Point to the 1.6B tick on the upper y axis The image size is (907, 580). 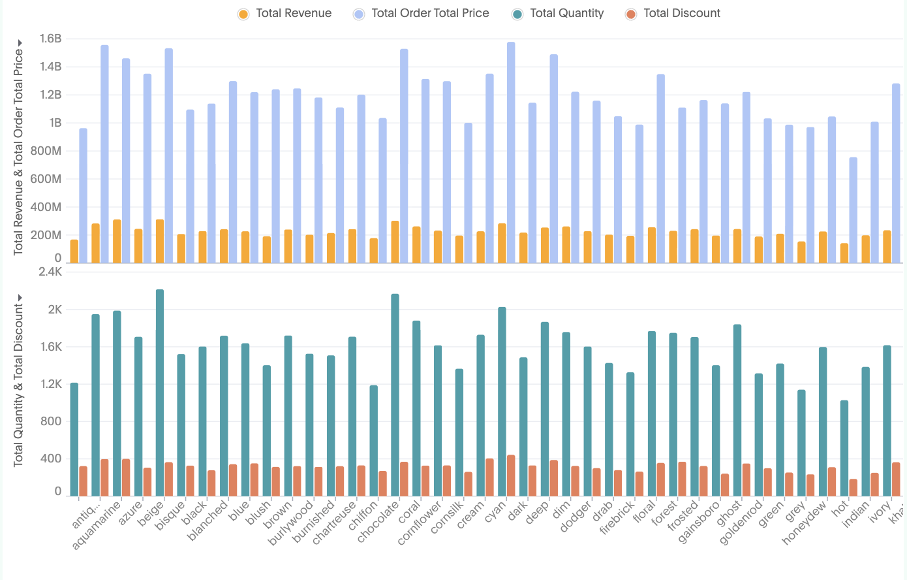coord(50,39)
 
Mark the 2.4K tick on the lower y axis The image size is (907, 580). coord(50,272)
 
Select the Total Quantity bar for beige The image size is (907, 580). coord(160,392)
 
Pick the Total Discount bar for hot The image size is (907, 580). coord(853,487)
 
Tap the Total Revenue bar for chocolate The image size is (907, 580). coord(395,242)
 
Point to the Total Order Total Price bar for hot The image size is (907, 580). coord(853,210)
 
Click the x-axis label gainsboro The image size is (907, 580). coord(699,523)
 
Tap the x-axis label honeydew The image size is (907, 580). coord(805,524)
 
